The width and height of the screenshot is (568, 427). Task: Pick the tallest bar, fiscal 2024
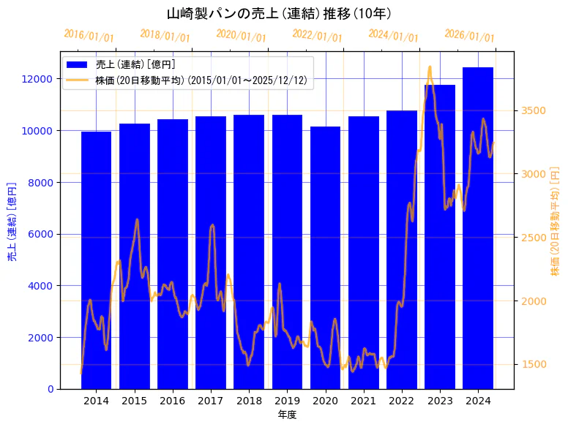[478, 227]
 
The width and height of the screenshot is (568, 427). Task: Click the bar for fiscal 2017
[211, 252]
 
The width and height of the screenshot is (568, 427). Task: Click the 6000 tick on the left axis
[41, 235]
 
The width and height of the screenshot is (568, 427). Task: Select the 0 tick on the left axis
[50, 389]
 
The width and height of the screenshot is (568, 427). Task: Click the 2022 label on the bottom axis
[401, 401]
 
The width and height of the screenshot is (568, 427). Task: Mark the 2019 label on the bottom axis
[287, 401]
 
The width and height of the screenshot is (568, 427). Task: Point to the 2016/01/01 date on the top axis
[89, 36]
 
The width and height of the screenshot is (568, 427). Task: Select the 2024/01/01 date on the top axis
[394, 36]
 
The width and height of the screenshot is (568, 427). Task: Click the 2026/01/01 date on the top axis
[470, 36]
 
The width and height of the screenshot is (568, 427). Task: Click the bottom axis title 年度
[287, 415]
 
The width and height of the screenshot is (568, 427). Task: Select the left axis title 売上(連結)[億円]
[12, 221]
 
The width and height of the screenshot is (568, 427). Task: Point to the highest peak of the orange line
[430, 67]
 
